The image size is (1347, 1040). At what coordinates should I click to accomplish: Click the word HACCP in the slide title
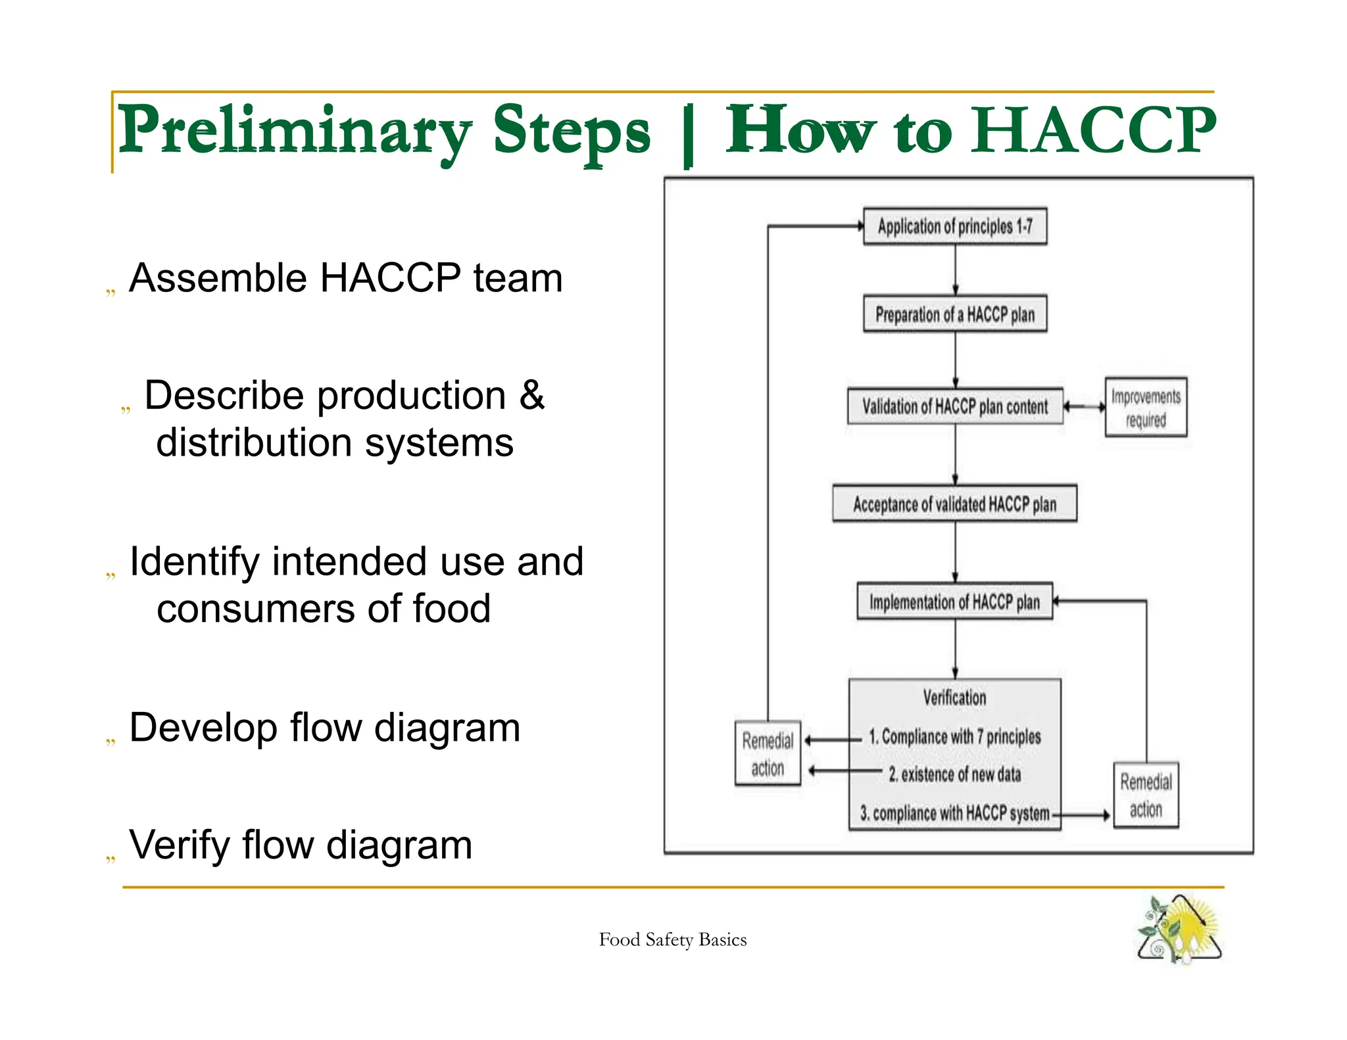1094,130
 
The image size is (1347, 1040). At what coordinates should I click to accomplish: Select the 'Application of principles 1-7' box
955,226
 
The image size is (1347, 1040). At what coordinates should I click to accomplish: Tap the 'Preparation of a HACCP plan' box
955,314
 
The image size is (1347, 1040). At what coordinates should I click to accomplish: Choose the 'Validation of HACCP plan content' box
955,406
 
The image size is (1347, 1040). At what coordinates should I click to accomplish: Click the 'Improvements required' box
1146,407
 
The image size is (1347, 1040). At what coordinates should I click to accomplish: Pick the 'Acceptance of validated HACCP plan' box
954,504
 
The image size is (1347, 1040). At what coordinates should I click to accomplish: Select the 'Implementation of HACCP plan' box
954,602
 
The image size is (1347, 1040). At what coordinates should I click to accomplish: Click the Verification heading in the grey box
954,697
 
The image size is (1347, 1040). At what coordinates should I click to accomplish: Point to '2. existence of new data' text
954,774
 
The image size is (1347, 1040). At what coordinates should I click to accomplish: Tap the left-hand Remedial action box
768,753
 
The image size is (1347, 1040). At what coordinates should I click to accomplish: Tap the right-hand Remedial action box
1146,795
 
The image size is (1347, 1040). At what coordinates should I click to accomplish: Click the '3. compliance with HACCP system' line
954,813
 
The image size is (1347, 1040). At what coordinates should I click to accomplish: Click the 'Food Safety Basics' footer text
672,939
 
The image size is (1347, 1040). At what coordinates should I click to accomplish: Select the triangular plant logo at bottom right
1179,929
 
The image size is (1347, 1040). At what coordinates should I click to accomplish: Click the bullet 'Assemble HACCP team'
345,277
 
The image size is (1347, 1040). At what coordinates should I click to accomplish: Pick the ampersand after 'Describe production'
531,395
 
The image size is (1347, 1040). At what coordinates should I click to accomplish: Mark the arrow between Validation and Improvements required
1084,407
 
